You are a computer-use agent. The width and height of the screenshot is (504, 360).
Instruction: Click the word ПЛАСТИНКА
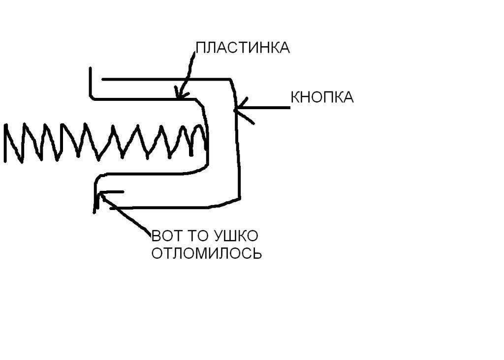tap(242, 48)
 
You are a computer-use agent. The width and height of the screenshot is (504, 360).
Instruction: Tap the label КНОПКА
tap(322, 97)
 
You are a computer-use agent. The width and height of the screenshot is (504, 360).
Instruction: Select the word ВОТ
tap(165, 236)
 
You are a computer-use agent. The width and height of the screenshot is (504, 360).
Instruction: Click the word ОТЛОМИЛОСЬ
tap(206, 254)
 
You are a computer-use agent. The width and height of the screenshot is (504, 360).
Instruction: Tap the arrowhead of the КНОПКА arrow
tap(237, 108)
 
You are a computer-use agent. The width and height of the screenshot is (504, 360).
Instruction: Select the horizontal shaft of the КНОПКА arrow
tap(266, 107)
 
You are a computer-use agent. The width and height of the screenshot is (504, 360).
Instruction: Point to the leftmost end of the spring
tap(6, 143)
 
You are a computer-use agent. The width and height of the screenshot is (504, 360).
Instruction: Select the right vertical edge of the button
tap(239, 148)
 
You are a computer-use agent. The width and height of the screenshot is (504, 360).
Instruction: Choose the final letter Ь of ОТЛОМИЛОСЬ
tap(257, 254)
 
